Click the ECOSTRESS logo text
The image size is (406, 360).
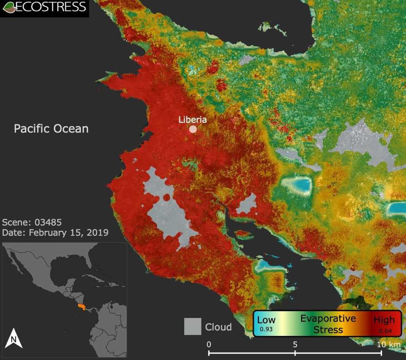pyautogui.click(x=51, y=7)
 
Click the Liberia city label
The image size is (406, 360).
pyautogui.click(x=193, y=120)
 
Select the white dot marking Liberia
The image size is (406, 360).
pyautogui.click(x=193, y=129)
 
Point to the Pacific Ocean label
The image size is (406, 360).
pyautogui.click(x=51, y=128)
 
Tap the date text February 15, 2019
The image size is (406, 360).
pyautogui.click(x=68, y=232)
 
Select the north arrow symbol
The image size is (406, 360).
pyautogui.click(x=13, y=338)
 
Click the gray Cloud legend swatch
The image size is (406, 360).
pyautogui.click(x=193, y=327)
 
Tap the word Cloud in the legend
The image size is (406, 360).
pyautogui.click(x=218, y=327)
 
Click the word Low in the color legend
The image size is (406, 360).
pyautogui.click(x=266, y=320)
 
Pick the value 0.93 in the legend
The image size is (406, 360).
pyautogui.click(x=266, y=329)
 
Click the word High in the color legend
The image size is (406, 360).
pyautogui.click(x=384, y=320)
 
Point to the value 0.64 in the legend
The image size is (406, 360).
pyautogui.click(x=384, y=331)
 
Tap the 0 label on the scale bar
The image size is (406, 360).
pyautogui.click(x=209, y=345)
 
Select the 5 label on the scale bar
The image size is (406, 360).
pyautogui.click(x=295, y=345)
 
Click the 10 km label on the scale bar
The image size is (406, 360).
pyautogui.click(x=388, y=345)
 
